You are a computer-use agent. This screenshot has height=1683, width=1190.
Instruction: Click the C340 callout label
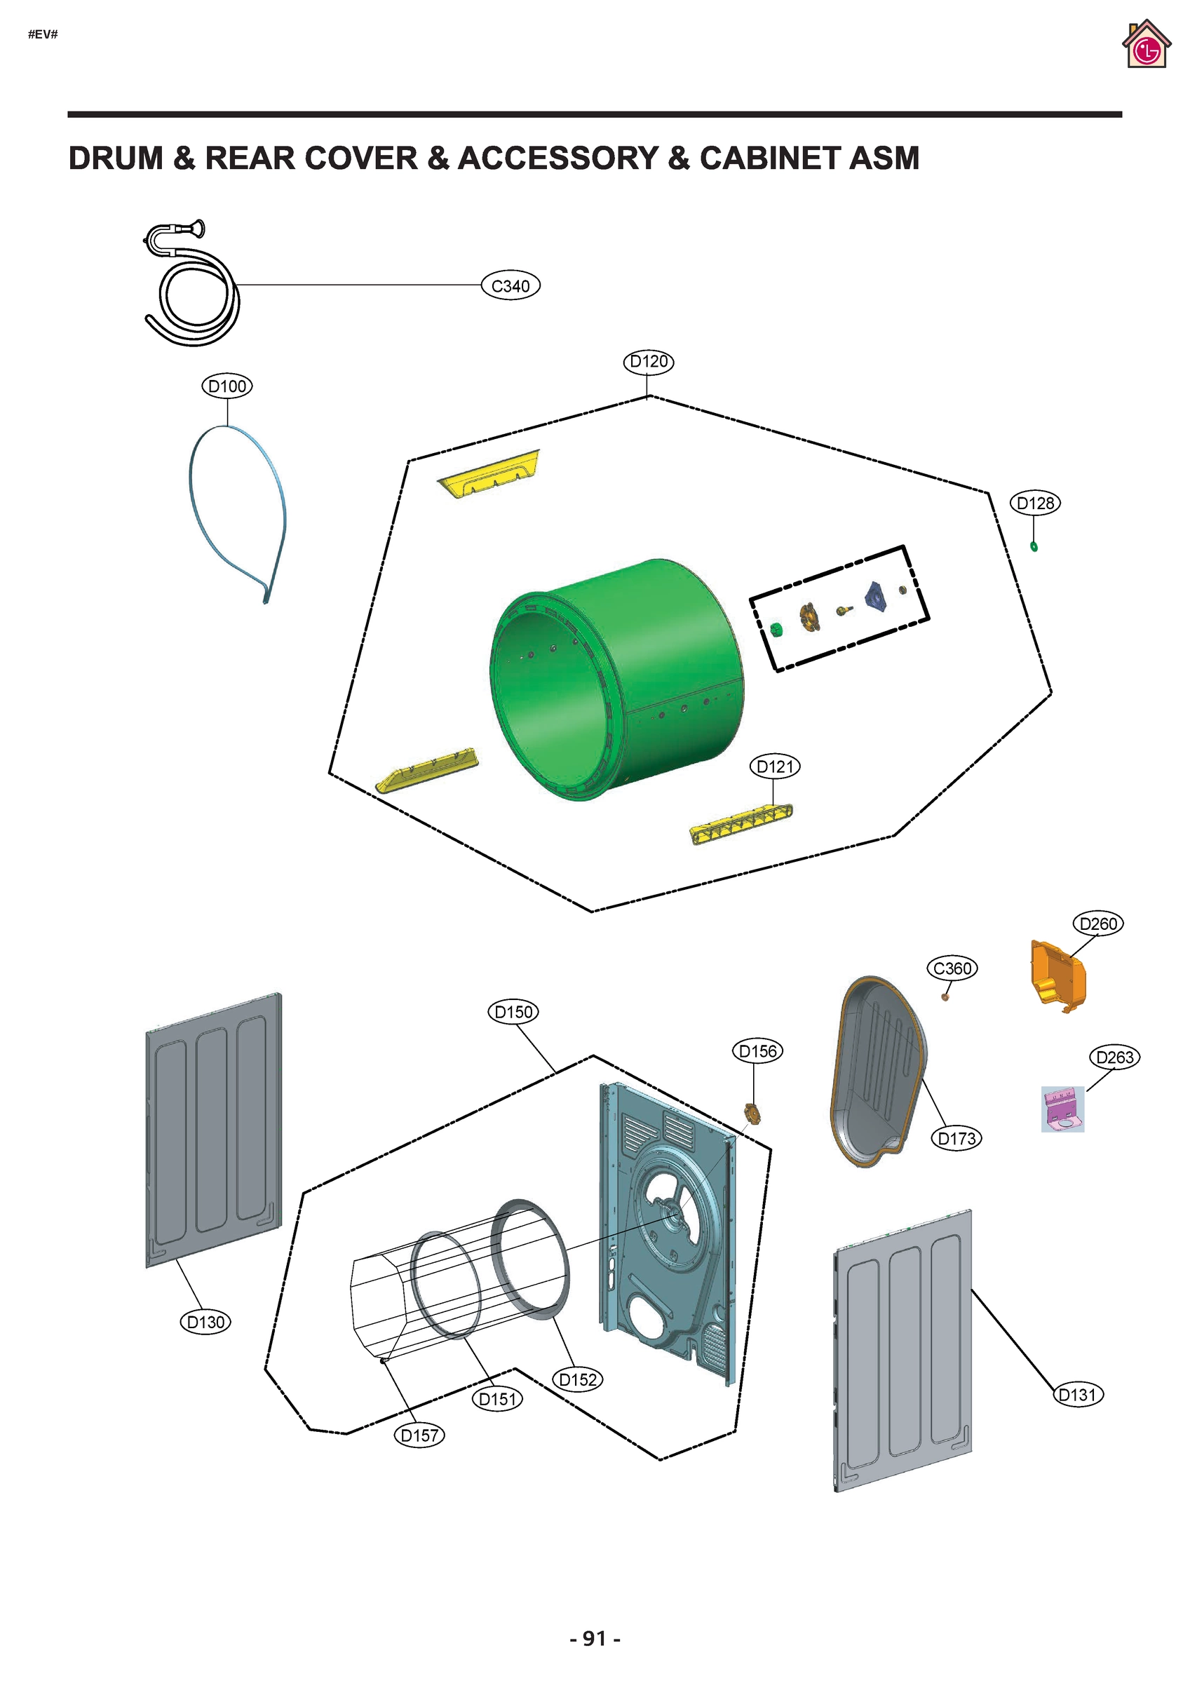pos(511,286)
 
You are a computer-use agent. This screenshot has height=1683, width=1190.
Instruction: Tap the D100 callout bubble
pos(227,386)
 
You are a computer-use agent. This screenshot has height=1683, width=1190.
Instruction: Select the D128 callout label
pos(1035,503)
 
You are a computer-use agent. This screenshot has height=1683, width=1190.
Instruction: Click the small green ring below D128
pos(1034,547)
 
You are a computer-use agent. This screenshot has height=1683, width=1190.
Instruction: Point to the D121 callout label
pos(775,766)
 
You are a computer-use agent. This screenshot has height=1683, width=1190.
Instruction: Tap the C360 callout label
pos(952,968)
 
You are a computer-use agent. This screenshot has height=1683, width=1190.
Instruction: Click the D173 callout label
pos(957,1138)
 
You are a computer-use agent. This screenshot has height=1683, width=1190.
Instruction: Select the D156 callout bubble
pos(757,1051)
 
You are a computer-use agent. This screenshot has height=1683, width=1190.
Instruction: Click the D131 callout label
pos(1077,1395)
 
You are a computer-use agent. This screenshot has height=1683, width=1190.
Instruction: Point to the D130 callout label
pos(205,1323)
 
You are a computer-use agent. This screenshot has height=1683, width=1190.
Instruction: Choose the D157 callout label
pos(419,1435)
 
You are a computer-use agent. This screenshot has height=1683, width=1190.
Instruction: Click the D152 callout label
pos(578,1379)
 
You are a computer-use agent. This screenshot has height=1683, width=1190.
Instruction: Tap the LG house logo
pos(1146,46)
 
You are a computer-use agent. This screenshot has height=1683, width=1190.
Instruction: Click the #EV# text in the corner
pos(43,34)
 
